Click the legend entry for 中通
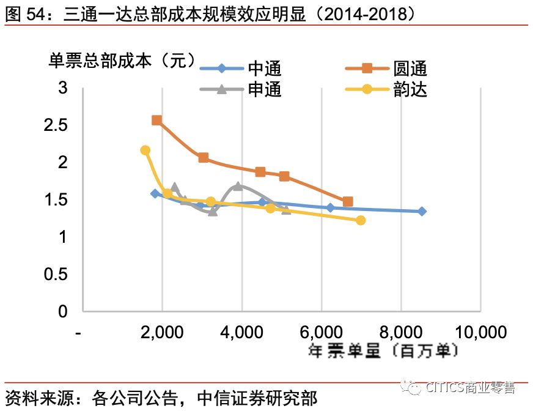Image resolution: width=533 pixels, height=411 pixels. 264,69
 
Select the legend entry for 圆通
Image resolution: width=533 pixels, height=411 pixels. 410,69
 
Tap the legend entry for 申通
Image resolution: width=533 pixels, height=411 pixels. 264,90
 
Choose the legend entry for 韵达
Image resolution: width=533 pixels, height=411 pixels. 410,90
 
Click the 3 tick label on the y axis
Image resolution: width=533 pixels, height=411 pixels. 62,88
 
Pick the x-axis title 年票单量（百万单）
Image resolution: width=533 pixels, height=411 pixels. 383,351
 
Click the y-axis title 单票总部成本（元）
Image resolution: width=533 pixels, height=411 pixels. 122,61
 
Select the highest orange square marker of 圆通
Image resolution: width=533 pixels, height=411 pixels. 156,120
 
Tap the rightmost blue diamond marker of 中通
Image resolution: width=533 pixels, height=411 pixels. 422,211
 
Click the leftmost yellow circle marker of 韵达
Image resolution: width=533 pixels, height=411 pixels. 145,150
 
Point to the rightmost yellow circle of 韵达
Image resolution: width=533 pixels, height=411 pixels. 361,220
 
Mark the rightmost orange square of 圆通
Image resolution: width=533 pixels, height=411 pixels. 348,202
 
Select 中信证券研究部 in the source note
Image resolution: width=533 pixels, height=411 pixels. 257,398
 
